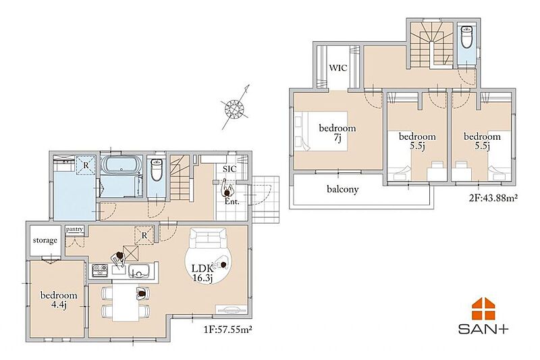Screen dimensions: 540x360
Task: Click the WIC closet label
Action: click(338, 68)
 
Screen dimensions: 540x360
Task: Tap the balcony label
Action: click(343, 189)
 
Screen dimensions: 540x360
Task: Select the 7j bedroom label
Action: click(337, 133)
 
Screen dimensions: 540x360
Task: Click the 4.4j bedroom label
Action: click(59, 300)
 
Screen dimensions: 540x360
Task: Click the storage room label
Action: click(45, 240)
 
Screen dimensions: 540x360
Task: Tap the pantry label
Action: click(74, 230)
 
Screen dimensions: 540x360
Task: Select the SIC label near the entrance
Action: click(230, 169)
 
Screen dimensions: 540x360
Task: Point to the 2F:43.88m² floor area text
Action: click(493, 198)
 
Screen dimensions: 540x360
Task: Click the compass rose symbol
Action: click(234, 108)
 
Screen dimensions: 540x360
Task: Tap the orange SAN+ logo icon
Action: click(483, 309)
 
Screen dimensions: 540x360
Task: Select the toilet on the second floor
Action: click(466, 37)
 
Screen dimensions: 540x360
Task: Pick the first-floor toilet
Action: click(157, 170)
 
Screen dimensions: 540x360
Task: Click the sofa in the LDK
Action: click(207, 238)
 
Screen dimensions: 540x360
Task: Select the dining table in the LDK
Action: click(126, 301)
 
